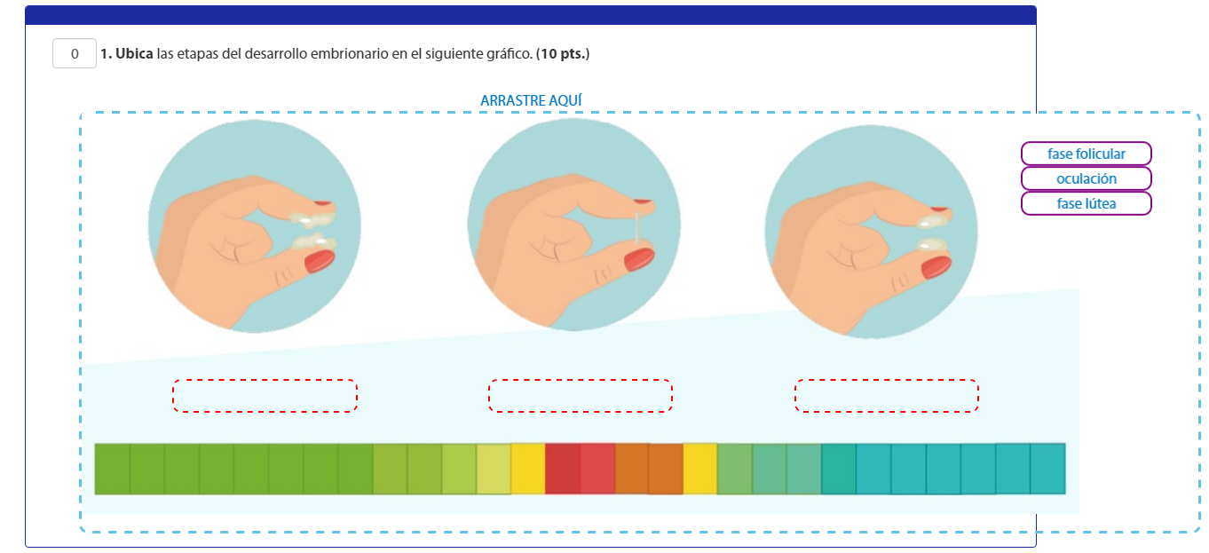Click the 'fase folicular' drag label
point(1086,154)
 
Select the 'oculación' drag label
point(1086,178)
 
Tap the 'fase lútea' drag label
point(1086,203)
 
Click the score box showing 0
point(75,53)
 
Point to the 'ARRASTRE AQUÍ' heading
point(531,100)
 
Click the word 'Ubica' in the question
point(134,53)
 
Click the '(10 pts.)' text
point(563,53)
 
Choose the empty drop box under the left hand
point(265,396)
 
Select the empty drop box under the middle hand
point(581,396)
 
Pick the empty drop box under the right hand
point(887,396)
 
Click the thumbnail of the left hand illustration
point(255,226)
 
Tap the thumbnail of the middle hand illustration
point(573,225)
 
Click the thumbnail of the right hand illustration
point(871,232)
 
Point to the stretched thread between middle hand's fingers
point(637,227)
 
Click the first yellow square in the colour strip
point(528,469)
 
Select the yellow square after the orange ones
point(700,469)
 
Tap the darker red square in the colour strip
point(563,469)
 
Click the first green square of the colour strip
point(112,469)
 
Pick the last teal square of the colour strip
point(1047,469)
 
